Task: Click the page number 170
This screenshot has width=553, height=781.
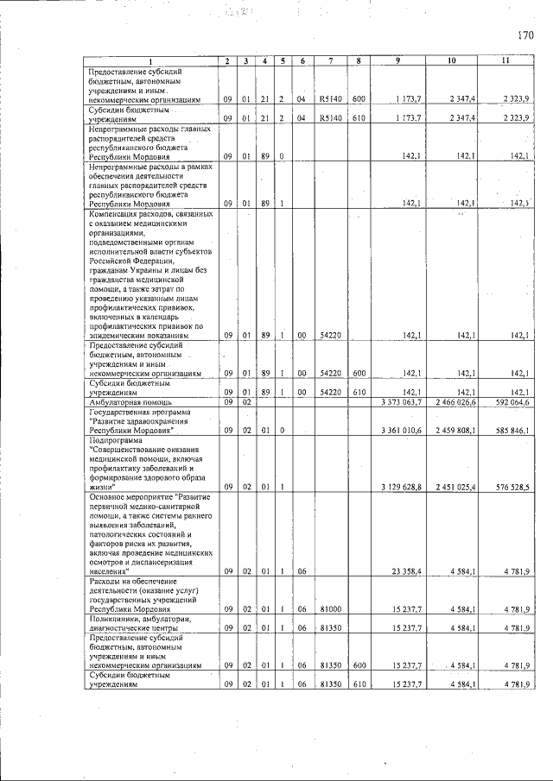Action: tap(526, 35)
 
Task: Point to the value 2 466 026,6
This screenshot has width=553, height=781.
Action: tap(454, 402)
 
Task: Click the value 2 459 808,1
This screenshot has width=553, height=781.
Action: tap(454, 429)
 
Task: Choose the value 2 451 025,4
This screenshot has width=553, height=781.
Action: tap(454, 487)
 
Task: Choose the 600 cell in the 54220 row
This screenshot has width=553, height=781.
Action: tap(357, 374)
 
